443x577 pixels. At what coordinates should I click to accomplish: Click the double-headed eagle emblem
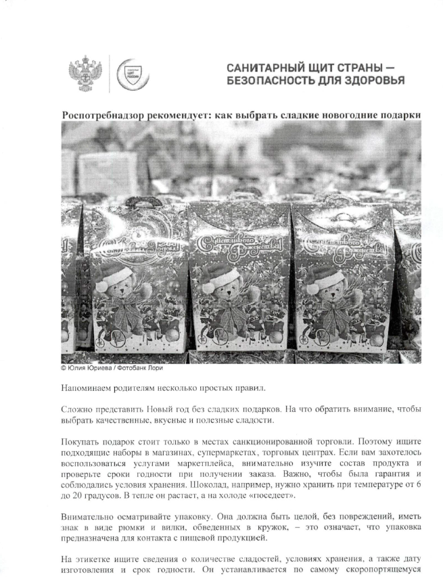86,75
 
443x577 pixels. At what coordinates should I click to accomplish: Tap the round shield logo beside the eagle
129,75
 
